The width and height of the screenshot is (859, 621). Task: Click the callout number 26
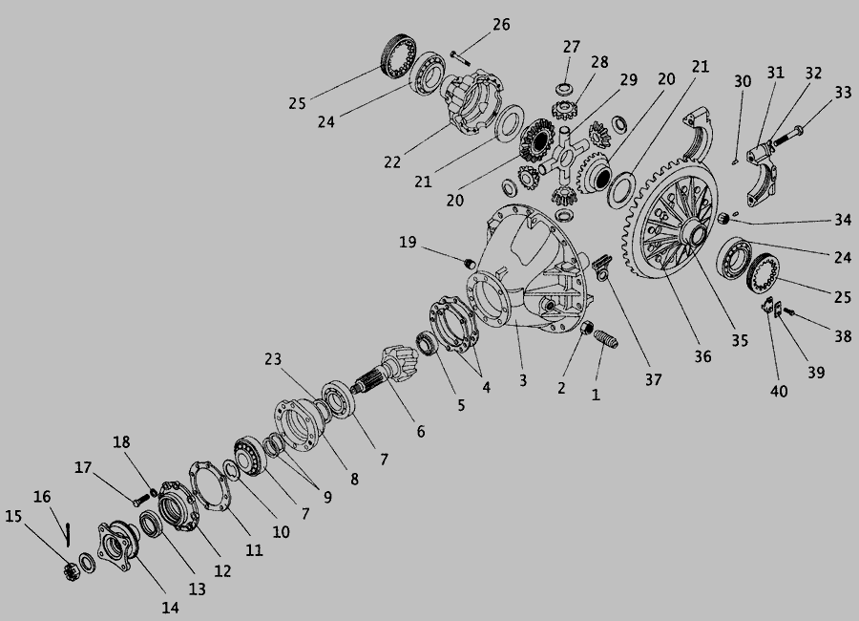pyautogui.click(x=501, y=25)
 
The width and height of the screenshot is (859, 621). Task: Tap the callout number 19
pyautogui.click(x=408, y=243)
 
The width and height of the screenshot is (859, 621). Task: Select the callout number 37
pyautogui.click(x=653, y=379)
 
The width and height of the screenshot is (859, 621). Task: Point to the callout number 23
pyautogui.click(x=273, y=359)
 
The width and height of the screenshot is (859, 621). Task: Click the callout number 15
pyautogui.click(x=13, y=516)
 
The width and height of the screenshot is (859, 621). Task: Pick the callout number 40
pyautogui.click(x=779, y=391)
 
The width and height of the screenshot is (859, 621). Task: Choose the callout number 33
pyautogui.click(x=843, y=93)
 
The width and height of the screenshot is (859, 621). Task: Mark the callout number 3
pyautogui.click(x=523, y=380)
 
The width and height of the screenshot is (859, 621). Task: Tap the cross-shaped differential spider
pyautogui.click(x=564, y=157)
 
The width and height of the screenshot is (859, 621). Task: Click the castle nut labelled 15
pyautogui.click(x=72, y=571)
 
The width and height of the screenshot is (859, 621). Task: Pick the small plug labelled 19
pyautogui.click(x=470, y=264)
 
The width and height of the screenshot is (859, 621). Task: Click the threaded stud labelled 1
pyautogui.click(x=606, y=338)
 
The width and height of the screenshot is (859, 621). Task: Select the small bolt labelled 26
pyautogui.click(x=460, y=57)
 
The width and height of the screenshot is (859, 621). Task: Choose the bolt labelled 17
pyautogui.click(x=140, y=500)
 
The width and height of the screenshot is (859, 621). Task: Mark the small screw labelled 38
pyautogui.click(x=789, y=311)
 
